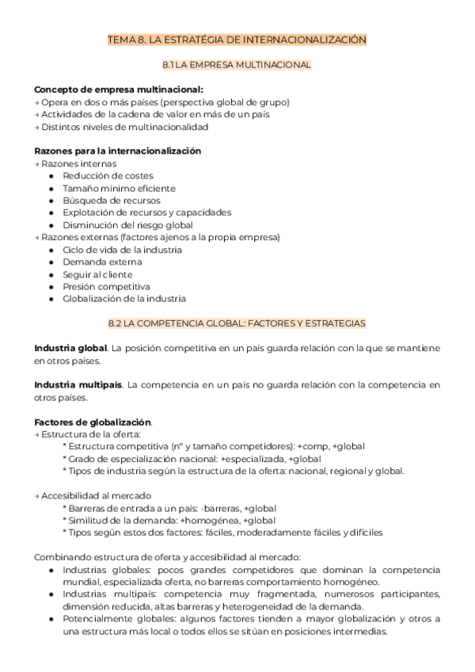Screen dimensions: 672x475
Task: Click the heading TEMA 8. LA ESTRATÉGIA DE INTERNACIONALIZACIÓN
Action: (x=237, y=39)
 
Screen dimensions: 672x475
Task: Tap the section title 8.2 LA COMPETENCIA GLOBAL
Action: (x=237, y=323)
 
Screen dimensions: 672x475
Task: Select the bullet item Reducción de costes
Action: (x=108, y=176)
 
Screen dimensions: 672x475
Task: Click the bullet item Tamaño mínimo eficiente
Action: (x=119, y=188)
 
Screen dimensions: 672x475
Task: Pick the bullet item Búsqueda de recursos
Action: (x=113, y=200)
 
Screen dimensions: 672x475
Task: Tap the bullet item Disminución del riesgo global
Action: (x=127, y=225)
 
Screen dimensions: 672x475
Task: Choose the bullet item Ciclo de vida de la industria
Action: (x=122, y=250)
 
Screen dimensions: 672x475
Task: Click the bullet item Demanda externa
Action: (x=102, y=262)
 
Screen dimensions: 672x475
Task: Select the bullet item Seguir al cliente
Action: (x=98, y=274)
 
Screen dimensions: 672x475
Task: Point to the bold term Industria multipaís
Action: (x=78, y=385)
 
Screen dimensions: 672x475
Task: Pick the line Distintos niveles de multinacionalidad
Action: (x=123, y=127)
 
